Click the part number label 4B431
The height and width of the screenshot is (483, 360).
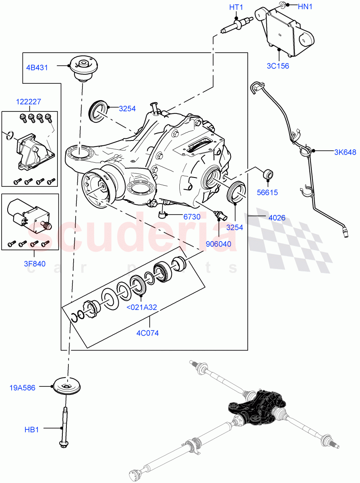(x=37, y=67)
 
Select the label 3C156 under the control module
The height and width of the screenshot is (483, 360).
(x=278, y=66)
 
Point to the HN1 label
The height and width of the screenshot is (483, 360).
(x=305, y=6)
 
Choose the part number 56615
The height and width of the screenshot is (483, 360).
(x=267, y=192)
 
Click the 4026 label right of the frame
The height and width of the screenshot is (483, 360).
(x=277, y=218)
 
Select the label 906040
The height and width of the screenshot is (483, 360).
(x=219, y=244)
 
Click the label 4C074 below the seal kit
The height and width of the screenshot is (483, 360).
(x=148, y=333)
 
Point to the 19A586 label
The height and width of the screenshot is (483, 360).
(x=22, y=388)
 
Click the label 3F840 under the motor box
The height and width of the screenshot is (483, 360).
(x=34, y=264)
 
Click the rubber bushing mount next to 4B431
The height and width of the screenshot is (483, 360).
(x=84, y=69)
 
